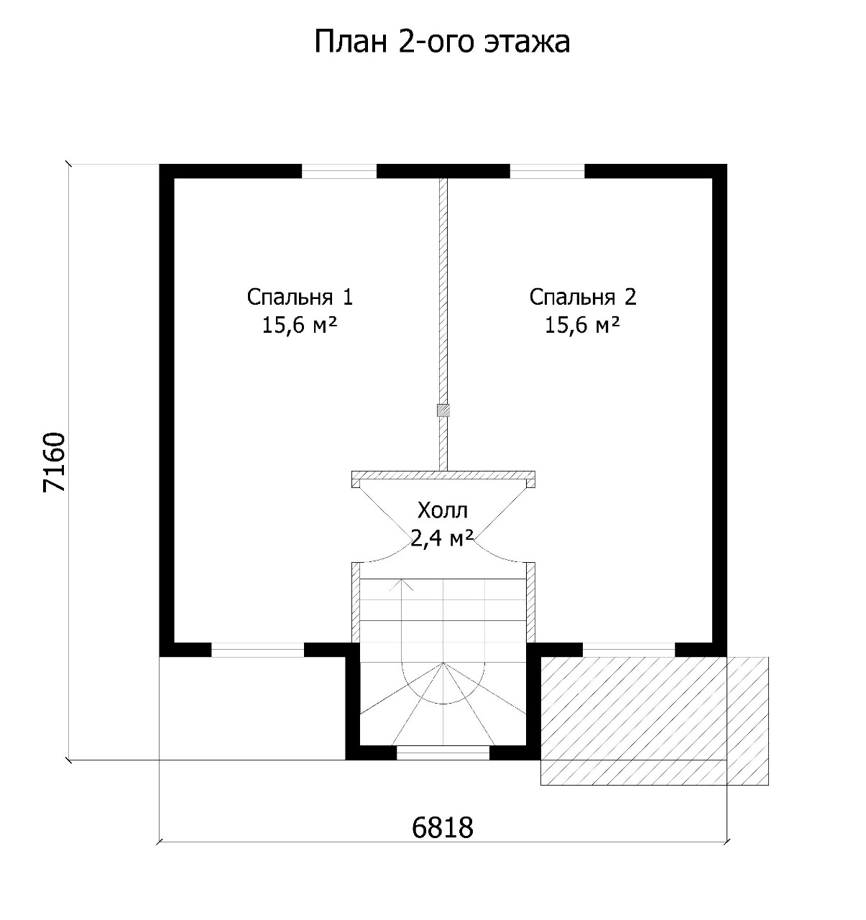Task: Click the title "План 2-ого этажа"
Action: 442,42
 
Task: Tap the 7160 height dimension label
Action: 54,462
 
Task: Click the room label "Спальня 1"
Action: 300,298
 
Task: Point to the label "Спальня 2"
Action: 583,298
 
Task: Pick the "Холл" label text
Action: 443,510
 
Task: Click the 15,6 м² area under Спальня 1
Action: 299,325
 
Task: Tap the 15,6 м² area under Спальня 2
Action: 582,325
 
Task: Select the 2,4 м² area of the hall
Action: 442,538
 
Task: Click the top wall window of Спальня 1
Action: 339,171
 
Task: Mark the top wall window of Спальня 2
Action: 547,171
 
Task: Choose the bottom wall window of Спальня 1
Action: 257,650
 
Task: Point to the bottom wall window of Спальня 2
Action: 629,650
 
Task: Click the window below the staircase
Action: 443,753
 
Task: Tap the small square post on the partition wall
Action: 443,410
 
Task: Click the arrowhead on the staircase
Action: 401,585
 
